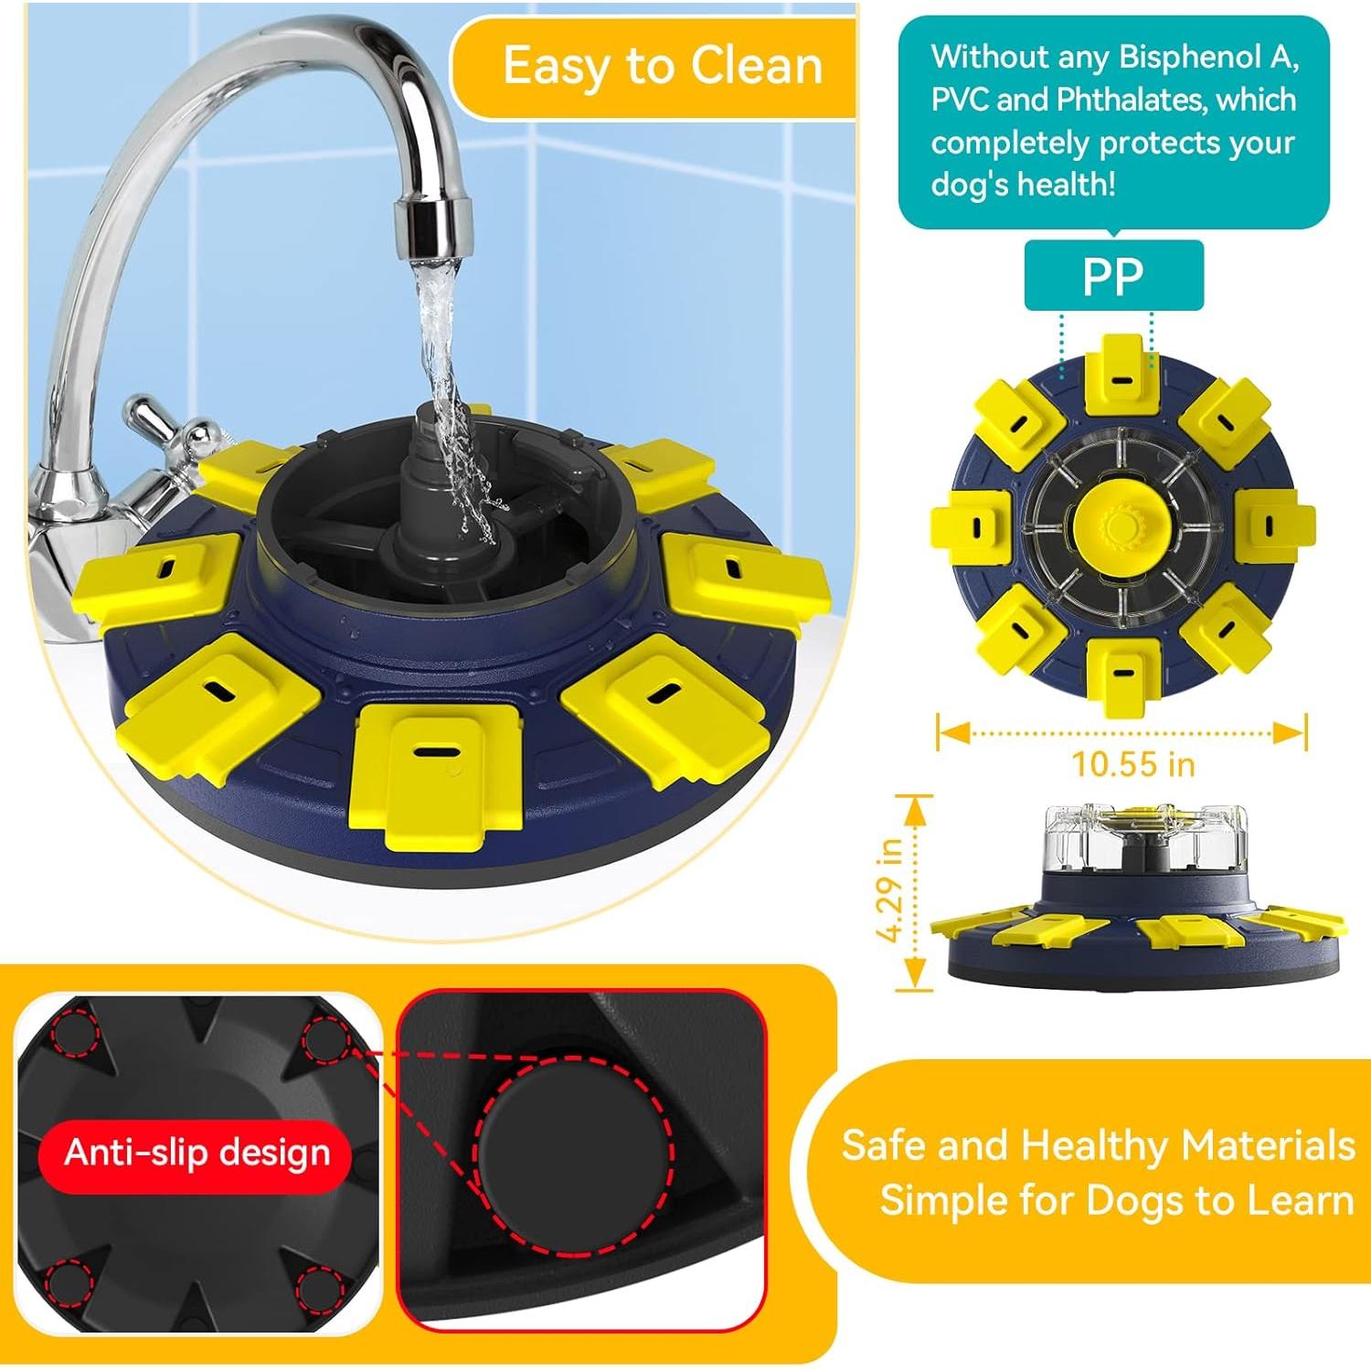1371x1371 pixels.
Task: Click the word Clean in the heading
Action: coord(756,66)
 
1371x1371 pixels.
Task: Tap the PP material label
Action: coord(1112,276)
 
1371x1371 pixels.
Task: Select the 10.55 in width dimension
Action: coord(1132,763)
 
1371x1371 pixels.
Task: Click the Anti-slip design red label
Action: coord(197,1153)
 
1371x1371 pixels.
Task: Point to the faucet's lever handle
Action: coord(165,425)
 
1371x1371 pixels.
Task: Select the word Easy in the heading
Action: coord(557,66)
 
